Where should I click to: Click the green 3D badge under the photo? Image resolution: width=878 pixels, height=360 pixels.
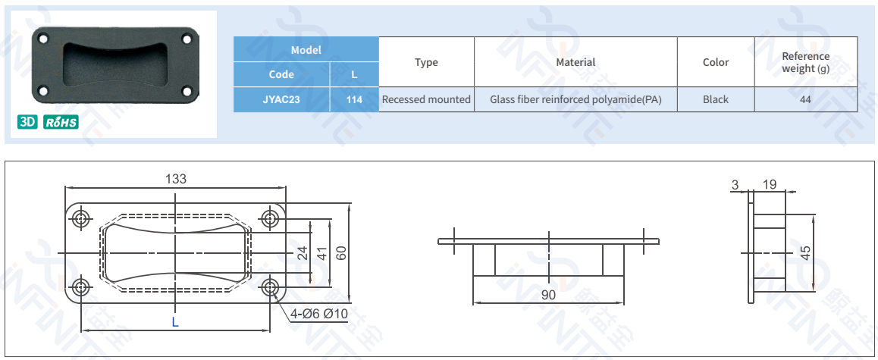27,122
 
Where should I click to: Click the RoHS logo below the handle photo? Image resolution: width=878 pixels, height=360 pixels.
61,122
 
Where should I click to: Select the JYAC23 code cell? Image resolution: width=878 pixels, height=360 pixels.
281,99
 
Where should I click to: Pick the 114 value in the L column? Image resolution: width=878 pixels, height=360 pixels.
354,99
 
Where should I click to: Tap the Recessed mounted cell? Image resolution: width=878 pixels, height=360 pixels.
426,99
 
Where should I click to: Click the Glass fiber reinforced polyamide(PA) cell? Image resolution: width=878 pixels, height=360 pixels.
575,99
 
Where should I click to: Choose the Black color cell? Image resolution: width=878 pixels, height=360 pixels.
715,99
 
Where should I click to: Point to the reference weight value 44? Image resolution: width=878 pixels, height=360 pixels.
805,99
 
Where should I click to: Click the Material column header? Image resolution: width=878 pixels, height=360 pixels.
575,62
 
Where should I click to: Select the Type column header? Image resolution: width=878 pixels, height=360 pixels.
426,62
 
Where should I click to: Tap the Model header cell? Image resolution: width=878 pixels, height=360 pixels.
306,50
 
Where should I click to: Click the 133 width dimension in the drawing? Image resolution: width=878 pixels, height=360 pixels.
175,179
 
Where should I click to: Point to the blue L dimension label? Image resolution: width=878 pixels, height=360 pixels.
175,322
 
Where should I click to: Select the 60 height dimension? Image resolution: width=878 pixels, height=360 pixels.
341,253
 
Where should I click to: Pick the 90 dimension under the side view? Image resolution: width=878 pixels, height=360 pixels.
548,295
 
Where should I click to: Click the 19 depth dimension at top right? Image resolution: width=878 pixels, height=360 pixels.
770,184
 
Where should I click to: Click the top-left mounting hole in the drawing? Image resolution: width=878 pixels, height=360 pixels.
80,219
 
